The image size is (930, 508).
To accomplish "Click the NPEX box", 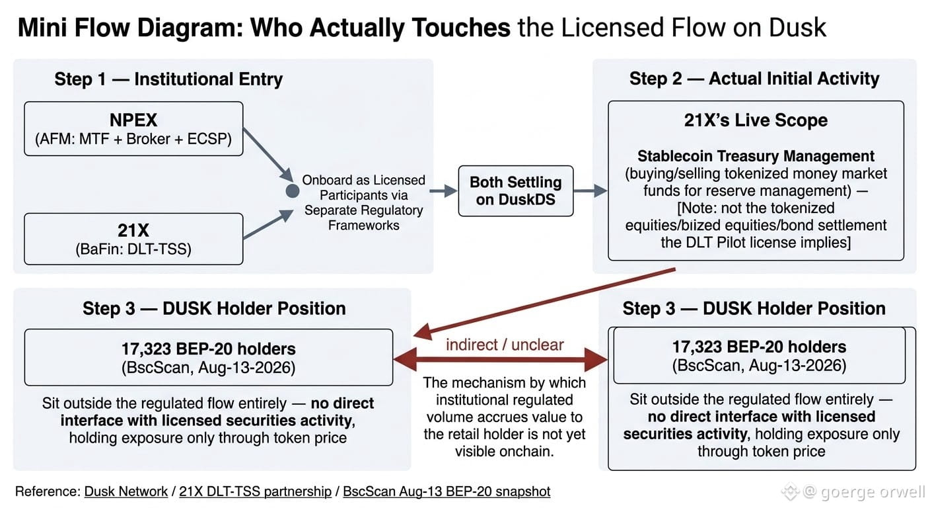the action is pyautogui.click(x=133, y=129).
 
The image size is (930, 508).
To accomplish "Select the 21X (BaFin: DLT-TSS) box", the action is pyautogui.click(x=133, y=239).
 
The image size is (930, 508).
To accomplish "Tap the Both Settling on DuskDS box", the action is pyautogui.click(x=516, y=190).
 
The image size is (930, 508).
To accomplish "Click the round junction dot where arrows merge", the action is pyautogui.click(x=293, y=190).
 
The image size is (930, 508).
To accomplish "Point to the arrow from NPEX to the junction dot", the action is pyautogui.click(x=268, y=155).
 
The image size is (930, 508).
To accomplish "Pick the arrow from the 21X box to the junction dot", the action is pyautogui.click(x=268, y=224).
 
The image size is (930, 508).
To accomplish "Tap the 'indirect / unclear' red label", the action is pyautogui.click(x=505, y=345).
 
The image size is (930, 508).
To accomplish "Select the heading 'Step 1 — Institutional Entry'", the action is pyautogui.click(x=168, y=79).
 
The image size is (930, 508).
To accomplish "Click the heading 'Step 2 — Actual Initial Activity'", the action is pyautogui.click(x=754, y=79).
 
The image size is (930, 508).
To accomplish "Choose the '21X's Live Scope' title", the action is pyautogui.click(x=756, y=120).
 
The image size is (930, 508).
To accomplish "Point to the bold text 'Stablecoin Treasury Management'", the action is pyautogui.click(x=756, y=156).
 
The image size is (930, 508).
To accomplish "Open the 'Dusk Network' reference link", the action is pyautogui.click(x=125, y=491).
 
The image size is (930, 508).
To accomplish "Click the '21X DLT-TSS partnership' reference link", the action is pyautogui.click(x=256, y=491).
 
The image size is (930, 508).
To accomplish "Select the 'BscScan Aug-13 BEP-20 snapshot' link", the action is pyautogui.click(x=447, y=491).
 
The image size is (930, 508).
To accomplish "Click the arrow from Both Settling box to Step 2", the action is pyautogui.click(x=590, y=190).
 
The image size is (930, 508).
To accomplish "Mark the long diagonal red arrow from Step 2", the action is pyautogui.click(x=544, y=303).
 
